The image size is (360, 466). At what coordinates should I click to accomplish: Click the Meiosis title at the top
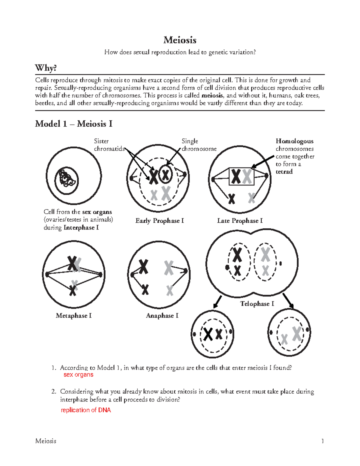click(x=180, y=40)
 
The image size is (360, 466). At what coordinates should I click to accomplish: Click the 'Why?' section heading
click(x=46, y=68)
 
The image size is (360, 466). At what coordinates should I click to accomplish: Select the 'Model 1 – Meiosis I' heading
click(x=73, y=124)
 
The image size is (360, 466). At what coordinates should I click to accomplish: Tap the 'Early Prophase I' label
click(x=160, y=221)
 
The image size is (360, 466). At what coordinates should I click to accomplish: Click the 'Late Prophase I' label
click(x=240, y=221)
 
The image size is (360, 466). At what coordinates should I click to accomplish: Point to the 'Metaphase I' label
click(x=73, y=316)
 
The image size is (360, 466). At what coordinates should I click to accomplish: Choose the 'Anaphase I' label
click(x=162, y=316)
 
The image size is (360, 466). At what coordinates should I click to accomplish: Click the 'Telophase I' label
click(x=257, y=304)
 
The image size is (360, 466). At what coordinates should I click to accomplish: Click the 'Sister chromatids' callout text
click(x=109, y=145)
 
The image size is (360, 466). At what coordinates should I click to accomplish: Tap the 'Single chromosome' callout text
click(x=199, y=145)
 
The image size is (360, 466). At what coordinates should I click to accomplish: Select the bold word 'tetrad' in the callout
click(x=284, y=172)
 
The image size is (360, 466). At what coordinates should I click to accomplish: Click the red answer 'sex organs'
click(x=78, y=375)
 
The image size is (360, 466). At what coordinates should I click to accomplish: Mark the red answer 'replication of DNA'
click(x=86, y=410)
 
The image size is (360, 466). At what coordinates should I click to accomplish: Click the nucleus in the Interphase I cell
click(x=66, y=181)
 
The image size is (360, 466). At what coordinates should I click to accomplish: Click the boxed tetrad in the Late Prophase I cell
click(x=241, y=176)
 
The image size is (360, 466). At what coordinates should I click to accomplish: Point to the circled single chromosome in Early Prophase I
click(x=165, y=174)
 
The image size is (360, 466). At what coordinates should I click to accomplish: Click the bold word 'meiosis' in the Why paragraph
click(x=212, y=95)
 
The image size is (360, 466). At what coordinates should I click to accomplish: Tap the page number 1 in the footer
click(x=322, y=441)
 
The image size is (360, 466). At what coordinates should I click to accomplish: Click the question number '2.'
click(x=54, y=392)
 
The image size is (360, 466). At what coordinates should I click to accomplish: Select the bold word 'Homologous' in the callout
click(x=294, y=141)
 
